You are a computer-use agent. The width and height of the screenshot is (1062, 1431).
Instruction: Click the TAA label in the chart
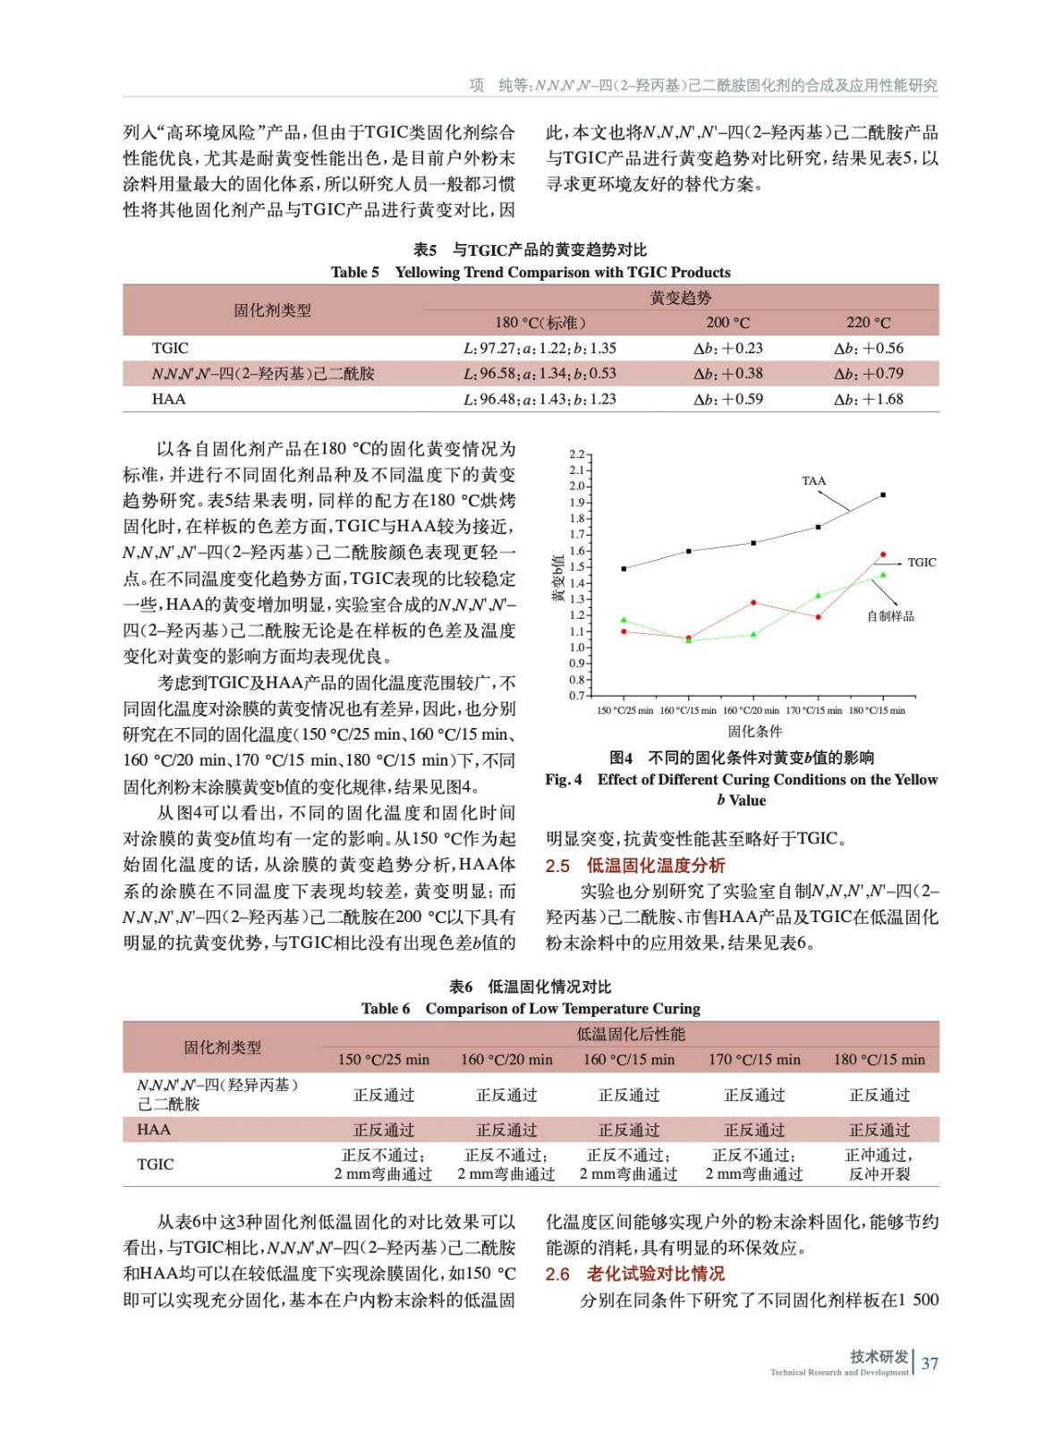(x=813, y=481)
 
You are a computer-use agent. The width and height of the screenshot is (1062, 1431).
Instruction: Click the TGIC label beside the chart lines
(x=922, y=563)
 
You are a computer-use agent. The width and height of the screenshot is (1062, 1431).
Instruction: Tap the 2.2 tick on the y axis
(x=576, y=454)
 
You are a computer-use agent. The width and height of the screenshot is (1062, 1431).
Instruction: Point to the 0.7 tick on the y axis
(x=576, y=696)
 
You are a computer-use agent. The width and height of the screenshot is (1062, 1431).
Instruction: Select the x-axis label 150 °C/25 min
(x=624, y=711)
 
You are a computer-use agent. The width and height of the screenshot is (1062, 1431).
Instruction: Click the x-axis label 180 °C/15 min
(x=877, y=711)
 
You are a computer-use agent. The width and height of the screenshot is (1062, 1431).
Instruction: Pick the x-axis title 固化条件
(x=754, y=732)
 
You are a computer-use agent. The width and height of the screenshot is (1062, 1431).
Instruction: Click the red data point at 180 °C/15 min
(x=883, y=555)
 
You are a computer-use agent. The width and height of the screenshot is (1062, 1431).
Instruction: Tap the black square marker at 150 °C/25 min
(x=624, y=569)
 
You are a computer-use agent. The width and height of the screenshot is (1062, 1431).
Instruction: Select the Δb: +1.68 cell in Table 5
(x=869, y=400)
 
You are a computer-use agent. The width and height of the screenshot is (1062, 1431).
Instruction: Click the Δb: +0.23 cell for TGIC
(x=728, y=349)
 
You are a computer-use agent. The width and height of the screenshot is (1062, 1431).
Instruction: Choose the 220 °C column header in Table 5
(x=869, y=323)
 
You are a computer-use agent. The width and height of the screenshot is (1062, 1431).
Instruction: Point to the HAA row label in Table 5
(x=169, y=400)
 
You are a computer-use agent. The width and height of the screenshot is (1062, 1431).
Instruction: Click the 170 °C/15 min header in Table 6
(x=754, y=1060)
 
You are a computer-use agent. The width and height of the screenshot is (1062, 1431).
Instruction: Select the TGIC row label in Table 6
(x=155, y=1164)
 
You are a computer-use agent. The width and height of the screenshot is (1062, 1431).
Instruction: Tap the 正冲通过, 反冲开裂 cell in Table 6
(x=879, y=1164)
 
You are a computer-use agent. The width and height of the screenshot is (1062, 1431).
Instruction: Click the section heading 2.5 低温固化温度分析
(x=635, y=866)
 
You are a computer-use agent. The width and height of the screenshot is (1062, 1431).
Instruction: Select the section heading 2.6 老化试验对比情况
(x=635, y=1274)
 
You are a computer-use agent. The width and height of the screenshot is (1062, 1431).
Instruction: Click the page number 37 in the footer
(x=930, y=1364)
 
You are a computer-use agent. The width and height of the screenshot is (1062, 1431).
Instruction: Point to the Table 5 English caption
(x=531, y=273)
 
